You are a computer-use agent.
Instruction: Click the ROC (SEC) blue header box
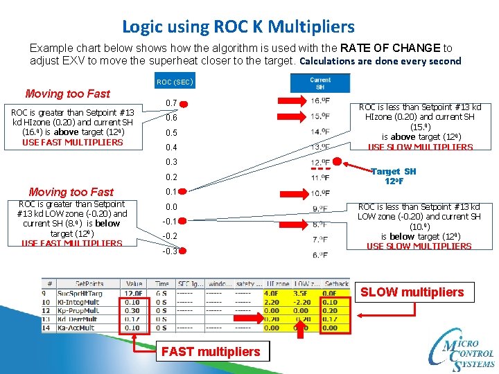[174, 82]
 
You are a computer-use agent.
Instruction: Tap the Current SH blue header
[319, 83]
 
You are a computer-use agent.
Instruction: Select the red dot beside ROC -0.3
[187, 251]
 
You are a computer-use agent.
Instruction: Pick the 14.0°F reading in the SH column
[319, 132]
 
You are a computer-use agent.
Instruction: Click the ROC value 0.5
[170, 132]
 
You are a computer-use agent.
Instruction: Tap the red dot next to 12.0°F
[338, 162]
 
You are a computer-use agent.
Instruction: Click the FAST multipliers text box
[211, 352]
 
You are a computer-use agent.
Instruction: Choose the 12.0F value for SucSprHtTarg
[133, 294]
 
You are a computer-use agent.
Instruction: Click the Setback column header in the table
[337, 284]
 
